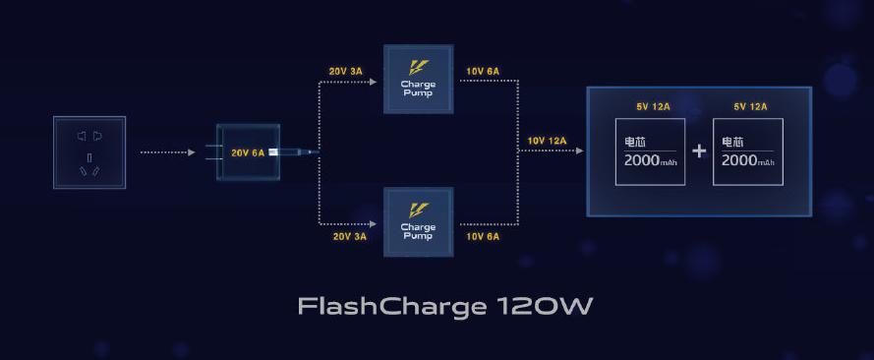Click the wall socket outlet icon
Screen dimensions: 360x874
point(89,152)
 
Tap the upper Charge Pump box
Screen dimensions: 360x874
point(418,79)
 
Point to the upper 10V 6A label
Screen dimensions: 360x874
point(482,71)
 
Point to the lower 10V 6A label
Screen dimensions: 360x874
point(482,236)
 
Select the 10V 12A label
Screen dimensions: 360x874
point(547,141)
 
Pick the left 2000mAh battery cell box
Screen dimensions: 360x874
point(650,151)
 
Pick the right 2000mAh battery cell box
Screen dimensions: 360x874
point(748,151)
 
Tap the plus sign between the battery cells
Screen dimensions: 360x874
point(699,151)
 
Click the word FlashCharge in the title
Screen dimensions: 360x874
point(387,307)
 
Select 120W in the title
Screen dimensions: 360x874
point(542,307)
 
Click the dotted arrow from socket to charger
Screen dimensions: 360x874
point(168,152)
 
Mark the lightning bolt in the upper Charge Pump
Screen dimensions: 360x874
point(418,68)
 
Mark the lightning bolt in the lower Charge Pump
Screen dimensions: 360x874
point(418,210)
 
